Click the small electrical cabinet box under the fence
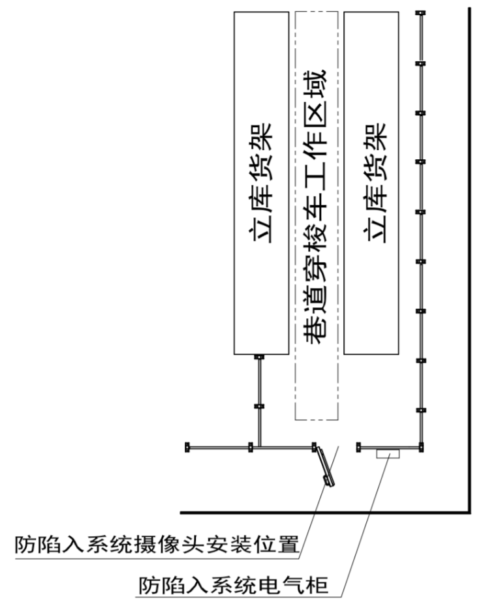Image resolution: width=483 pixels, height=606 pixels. click(x=390, y=452)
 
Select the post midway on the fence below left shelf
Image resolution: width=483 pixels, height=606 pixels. click(x=259, y=406)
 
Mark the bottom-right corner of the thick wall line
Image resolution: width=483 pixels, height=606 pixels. click(x=468, y=509)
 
